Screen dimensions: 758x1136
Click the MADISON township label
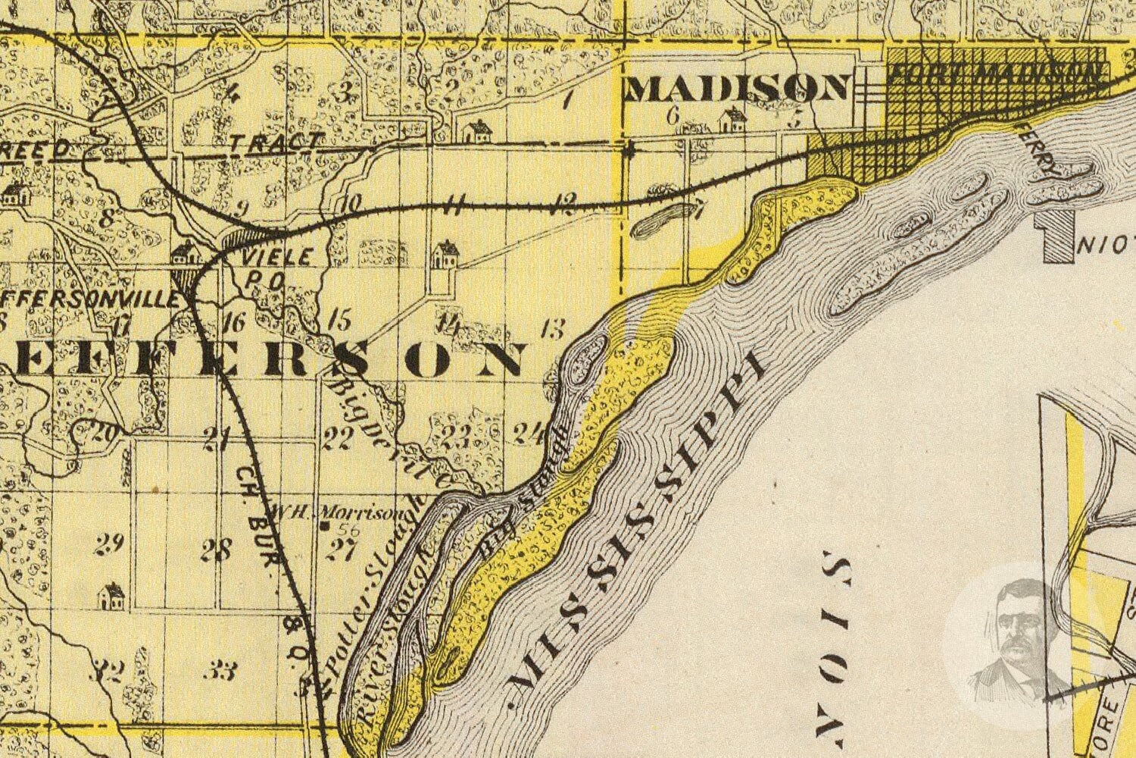tap(736, 89)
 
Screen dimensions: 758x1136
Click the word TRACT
tap(276, 142)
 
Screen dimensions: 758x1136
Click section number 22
tap(338, 438)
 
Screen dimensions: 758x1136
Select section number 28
tap(215, 550)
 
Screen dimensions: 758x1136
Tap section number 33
tap(224, 670)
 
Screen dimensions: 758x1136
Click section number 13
tap(553, 330)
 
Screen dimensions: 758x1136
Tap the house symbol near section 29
tap(111, 596)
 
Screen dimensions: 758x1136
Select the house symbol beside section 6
tap(732, 119)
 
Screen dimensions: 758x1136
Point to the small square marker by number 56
tap(323, 526)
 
